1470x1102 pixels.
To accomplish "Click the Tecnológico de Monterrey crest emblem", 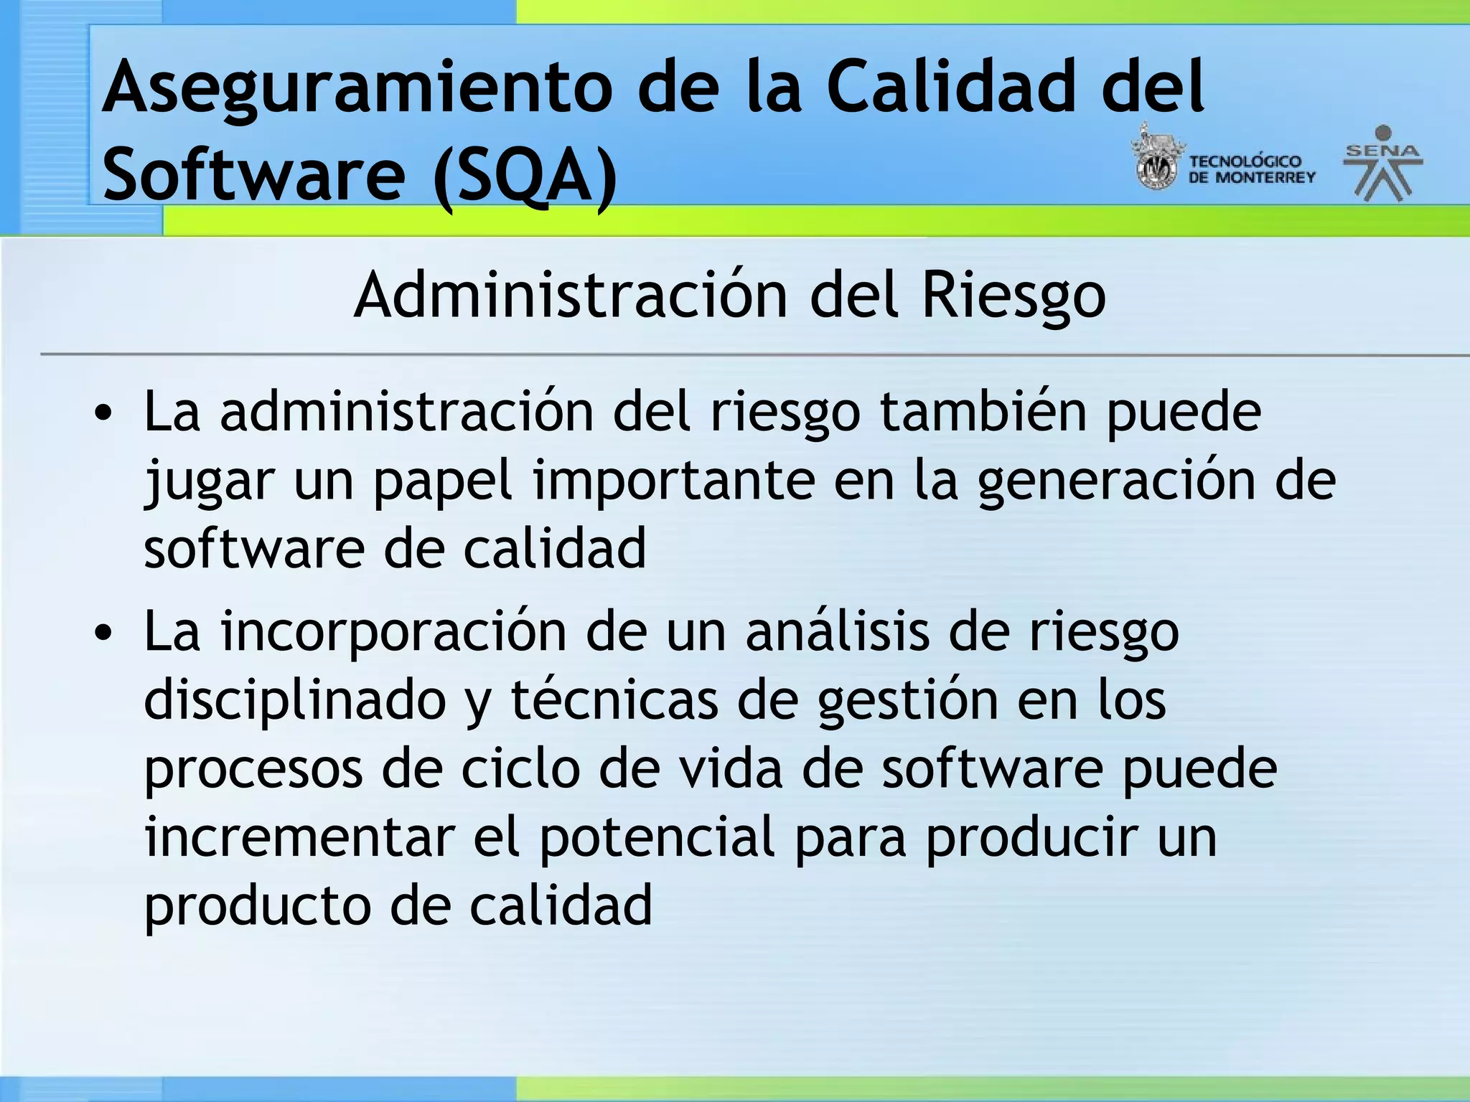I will [1156, 159].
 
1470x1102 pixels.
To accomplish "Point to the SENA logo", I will [1382, 164].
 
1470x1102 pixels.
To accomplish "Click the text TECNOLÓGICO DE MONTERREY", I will [1252, 169].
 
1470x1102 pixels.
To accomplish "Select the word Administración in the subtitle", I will [571, 296].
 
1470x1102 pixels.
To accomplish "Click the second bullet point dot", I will [104, 632].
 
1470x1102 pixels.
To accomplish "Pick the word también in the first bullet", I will [983, 412].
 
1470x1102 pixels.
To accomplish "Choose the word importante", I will [673, 481].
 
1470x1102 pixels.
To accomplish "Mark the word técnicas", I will [614, 700].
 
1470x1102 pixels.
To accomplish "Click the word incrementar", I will [299, 837].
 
